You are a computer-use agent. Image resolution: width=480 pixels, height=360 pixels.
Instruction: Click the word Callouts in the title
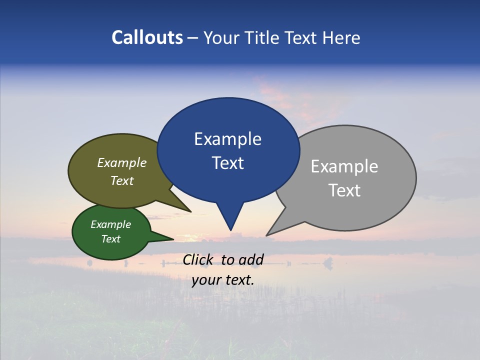pyautogui.click(x=147, y=38)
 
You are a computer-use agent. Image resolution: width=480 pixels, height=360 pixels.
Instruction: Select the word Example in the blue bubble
pyautogui.click(x=227, y=139)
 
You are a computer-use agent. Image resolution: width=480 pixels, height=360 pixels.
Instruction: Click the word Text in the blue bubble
pyautogui.click(x=227, y=163)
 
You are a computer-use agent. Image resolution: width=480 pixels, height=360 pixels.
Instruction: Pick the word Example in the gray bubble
pyautogui.click(x=344, y=166)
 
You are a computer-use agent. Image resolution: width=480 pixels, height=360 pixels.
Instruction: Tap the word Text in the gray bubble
pyautogui.click(x=344, y=190)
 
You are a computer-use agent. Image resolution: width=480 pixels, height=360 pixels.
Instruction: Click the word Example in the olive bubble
pyautogui.click(x=122, y=163)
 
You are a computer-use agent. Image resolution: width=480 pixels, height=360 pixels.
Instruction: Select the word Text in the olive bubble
pyautogui.click(x=122, y=180)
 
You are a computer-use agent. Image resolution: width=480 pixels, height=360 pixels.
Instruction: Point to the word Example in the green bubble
pyautogui.click(x=111, y=224)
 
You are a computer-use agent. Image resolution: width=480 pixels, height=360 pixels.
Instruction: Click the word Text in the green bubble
pyautogui.click(x=111, y=239)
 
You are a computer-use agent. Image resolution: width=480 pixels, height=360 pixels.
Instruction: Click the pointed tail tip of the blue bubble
pyautogui.click(x=230, y=230)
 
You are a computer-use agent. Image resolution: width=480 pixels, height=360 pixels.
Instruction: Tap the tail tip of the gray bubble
pyautogui.click(x=267, y=235)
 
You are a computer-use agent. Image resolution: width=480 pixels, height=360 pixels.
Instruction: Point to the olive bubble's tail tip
pyautogui.click(x=190, y=211)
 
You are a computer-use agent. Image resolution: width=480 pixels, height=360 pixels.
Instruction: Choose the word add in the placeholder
pyautogui.click(x=251, y=259)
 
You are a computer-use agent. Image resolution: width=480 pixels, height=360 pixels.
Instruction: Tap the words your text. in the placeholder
pyautogui.click(x=223, y=280)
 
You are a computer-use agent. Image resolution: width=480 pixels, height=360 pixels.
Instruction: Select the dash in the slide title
pyautogui.click(x=193, y=38)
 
